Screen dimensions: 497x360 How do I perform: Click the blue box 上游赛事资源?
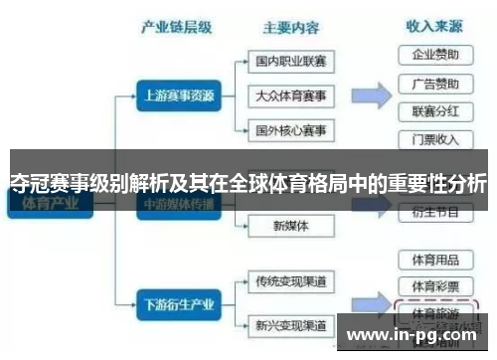point(175,96)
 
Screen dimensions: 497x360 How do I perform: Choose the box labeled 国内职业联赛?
point(290,62)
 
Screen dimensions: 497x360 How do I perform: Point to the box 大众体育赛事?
point(290,95)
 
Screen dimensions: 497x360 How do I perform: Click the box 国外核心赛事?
point(290,130)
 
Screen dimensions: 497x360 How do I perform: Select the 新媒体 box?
point(290,226)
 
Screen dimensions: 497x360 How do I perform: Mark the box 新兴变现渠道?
point(290,324)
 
